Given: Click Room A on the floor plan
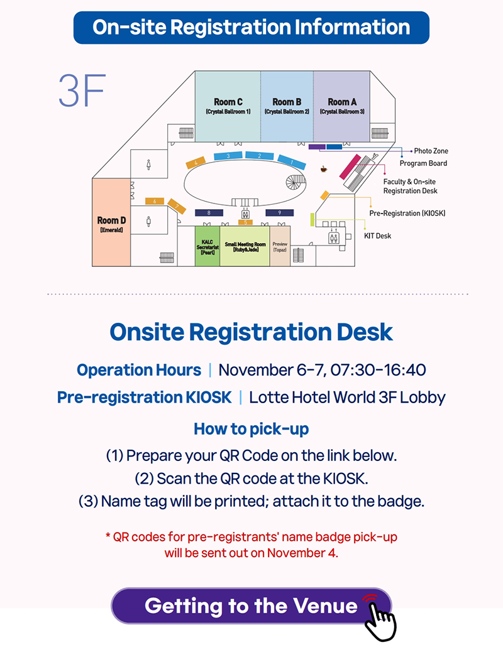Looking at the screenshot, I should click(341, 106).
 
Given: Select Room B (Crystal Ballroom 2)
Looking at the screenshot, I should click(287, 106).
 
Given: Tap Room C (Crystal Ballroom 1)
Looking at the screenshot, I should click(228, 106).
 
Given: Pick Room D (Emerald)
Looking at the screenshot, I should click(111, 223).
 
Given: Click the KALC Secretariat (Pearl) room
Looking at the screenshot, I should click(207, 246).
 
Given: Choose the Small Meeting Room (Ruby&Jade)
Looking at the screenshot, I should click(245, 246).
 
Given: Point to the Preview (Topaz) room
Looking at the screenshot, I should click(280, 246).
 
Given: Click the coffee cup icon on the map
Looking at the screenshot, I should click(324, 169).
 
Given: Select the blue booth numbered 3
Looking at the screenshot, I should click(229, 155).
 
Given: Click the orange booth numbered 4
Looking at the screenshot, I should click(196, 163).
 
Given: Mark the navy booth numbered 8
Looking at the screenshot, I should click(208, 214).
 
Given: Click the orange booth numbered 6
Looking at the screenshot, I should click(154, 202).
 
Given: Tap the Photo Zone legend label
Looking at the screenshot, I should click(431, 151).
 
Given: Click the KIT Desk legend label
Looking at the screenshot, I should click(377, 236).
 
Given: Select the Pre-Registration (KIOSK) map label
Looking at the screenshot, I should click(407, 214).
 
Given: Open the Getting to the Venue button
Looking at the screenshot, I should click(251, 606).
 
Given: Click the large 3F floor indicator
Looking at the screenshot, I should click(81, 92).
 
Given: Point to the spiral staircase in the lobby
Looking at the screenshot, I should click(295, 183).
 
